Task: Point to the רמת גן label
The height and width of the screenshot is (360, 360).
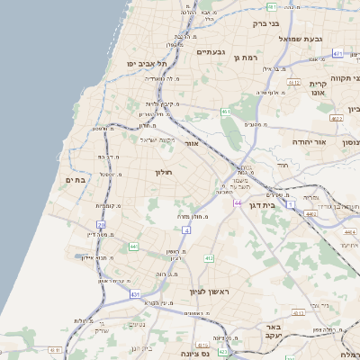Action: [x=245, y=58]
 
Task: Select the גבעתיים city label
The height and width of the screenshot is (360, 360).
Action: [x=215, y=51]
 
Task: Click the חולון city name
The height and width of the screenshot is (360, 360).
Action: [x=163, y=171]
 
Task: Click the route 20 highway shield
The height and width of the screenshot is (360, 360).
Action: [x=101, y=225]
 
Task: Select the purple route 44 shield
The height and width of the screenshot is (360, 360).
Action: [x=238, y=203]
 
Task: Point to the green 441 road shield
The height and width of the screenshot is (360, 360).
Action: [x=133, y=246]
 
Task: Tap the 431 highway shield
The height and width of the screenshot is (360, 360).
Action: [x=135, y=294]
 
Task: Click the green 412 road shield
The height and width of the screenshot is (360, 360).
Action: [x=208, y=258]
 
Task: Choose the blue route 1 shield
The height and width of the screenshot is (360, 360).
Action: [x=291, y=204]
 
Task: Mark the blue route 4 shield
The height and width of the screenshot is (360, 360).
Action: [x=185, y=230]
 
